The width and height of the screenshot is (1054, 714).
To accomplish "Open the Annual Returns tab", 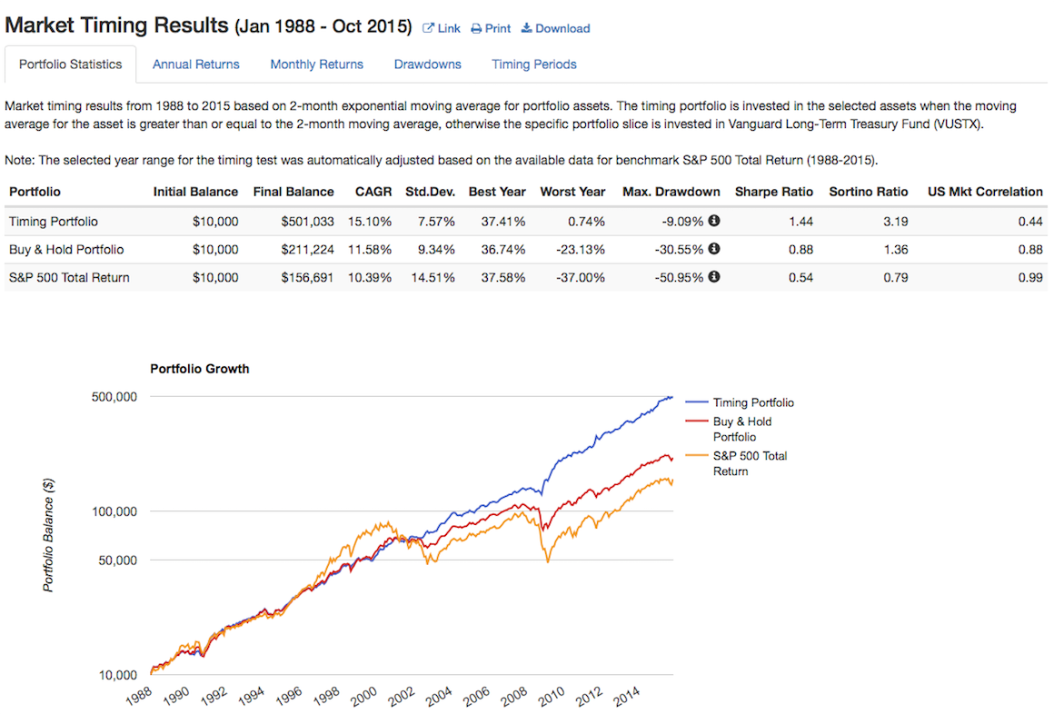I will [195, 64].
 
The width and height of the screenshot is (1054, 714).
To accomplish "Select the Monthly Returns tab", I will [316, 64].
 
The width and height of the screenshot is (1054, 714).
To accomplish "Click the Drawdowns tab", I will [427, 64].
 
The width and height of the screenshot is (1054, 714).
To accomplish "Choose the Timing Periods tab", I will [534, 64].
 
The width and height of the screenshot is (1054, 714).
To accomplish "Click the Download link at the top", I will [555, 28].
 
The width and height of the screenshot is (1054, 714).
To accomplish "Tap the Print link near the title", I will [491, 28].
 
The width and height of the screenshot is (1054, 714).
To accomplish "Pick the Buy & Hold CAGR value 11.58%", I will [369, 250].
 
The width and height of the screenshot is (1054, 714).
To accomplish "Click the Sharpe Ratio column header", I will [773, 192].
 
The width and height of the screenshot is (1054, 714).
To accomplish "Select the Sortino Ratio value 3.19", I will [895, 222].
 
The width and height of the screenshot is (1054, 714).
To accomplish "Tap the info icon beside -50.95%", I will [714, 277].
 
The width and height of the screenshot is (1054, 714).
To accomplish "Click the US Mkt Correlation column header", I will [985, 192].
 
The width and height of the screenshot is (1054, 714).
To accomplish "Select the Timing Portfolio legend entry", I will [752, 402].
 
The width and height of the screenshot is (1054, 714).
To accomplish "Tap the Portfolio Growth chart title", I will [199, 369].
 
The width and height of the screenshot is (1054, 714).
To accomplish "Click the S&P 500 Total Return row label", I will [69, 278].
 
